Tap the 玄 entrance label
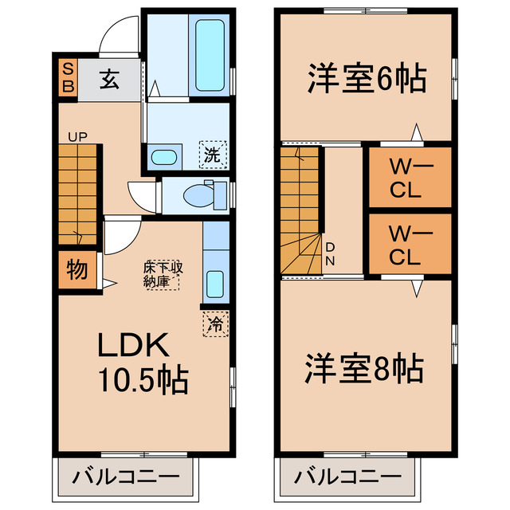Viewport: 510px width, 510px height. pyautogui.click(x=109, y=80)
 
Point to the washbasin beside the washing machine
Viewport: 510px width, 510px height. pyautogui.click(x=165, y=155)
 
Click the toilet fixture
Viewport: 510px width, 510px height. pyautogui.click(x=199, y=194)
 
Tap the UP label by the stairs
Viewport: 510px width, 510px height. pyautogui.click(x=77, y=136)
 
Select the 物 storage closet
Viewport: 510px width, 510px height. pyautogui.click(x=76, y=270)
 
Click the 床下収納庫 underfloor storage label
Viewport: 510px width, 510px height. pyautogui.click(x=163, y=274)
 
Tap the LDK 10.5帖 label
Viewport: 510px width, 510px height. pyautogui.click(x=143, y=363)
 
